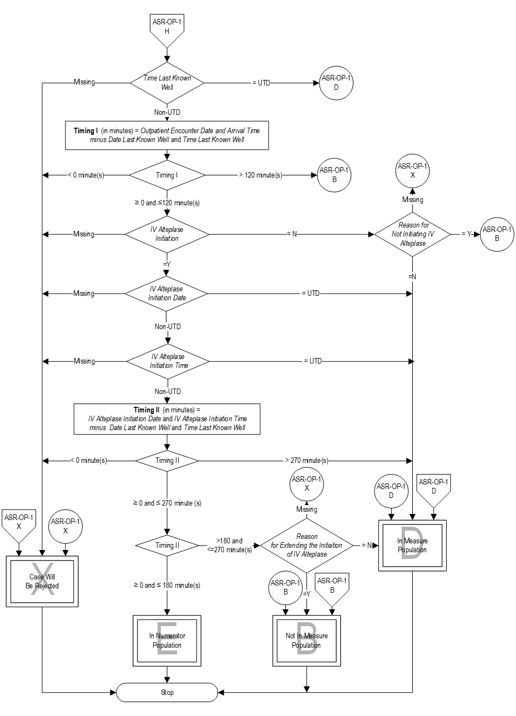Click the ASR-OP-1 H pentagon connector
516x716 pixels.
pos(166,29)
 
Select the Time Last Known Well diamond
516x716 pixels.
pos(167,83)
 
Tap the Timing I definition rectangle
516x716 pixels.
pos(166,135)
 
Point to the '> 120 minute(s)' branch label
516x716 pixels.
pos(260,175)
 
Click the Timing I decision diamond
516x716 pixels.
pos(166,175)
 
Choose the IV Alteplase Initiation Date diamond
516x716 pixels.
pos(166,293)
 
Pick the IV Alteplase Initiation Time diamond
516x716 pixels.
pos(168,361)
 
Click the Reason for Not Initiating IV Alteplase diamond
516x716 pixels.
pos(413,234)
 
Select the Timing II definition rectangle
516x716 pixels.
pos(166,418)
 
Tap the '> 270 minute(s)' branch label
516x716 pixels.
pos(306,461)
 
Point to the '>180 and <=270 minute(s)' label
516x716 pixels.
pos(229,545)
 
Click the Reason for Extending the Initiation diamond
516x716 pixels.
pos(307,545)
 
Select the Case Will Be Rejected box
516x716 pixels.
pos(42,581)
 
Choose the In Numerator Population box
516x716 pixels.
pos(167,641)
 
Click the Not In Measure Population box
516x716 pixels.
pos(306,641)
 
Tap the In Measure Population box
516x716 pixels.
pos(412,545)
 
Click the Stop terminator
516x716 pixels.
pos(167,692)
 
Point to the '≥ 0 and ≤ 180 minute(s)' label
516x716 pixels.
pos(166,585)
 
